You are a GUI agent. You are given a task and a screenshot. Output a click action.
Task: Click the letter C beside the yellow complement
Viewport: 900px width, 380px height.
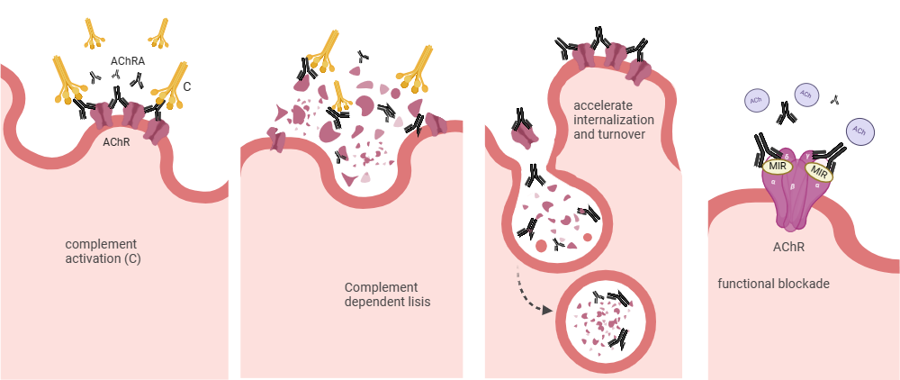click(186, 87)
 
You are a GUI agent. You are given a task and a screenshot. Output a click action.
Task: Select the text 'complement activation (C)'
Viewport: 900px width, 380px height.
click(102, 251)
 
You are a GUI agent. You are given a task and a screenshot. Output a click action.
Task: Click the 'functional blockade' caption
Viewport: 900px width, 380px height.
click(773, 284)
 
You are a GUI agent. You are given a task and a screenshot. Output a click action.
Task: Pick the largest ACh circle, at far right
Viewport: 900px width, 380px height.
click(859, 131)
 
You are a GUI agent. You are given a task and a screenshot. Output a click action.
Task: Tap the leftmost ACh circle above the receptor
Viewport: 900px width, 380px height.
click(757, 102)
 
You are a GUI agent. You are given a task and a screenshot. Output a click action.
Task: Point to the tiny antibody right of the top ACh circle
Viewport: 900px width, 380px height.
click(834, 98)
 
